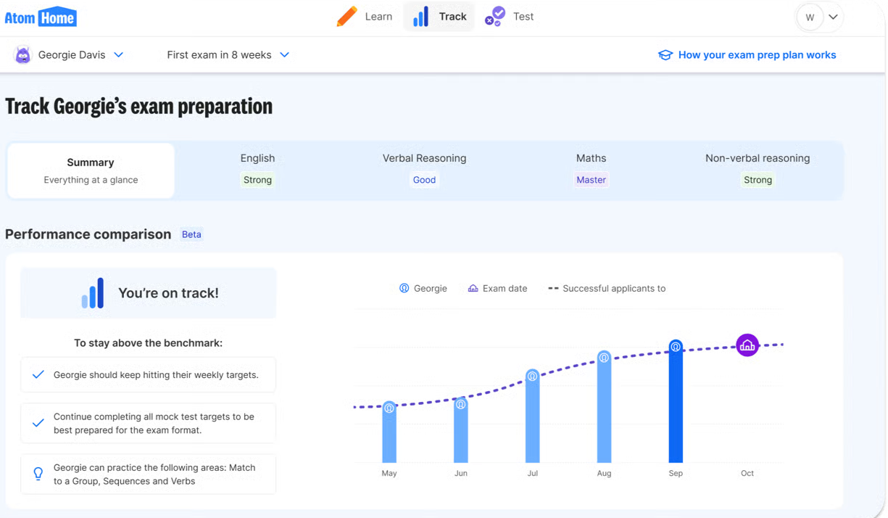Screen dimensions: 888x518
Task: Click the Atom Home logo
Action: tap(41, 17)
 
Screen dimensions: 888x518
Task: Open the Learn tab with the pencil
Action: tap(365, 17)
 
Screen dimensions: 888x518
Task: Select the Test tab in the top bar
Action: tap(510, 17)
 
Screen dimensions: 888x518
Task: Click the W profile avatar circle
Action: tap(810, 17)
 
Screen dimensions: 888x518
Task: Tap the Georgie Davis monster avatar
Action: tap(22, 54)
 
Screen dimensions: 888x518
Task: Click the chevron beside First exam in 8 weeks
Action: tap(285, 54)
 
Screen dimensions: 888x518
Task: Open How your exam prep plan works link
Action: tap(747, 54)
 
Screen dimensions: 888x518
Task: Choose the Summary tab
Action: tap(91, 170)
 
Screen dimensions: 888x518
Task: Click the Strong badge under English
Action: tap(257, 180)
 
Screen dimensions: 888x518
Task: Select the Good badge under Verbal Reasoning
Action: tap(424, 180)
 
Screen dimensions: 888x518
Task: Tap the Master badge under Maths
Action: tap(591, 180)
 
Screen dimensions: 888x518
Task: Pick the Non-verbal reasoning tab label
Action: tap(758, 158)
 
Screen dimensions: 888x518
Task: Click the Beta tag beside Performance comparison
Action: tap(191, 234)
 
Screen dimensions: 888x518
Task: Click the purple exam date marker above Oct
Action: tap(747, 345)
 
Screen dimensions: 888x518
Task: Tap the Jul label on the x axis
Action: tap(532, 473)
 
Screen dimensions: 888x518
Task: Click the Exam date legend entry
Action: tap(497, 288)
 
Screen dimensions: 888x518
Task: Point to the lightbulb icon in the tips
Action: tap(38, 474)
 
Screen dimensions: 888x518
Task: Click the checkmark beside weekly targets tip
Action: tap(38, 374)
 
